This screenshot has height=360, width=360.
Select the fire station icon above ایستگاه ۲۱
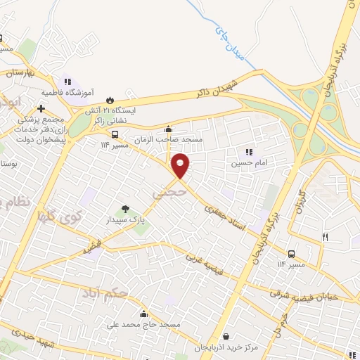(109, 100)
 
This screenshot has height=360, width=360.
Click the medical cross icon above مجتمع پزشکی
(41, 108)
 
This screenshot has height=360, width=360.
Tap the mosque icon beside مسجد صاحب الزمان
(168, 129)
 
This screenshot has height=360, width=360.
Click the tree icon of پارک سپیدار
(125, 209)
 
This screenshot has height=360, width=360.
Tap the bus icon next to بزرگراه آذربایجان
(291, 253)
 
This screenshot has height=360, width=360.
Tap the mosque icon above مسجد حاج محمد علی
(145, 314)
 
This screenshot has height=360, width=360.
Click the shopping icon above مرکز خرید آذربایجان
(226, 337)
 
